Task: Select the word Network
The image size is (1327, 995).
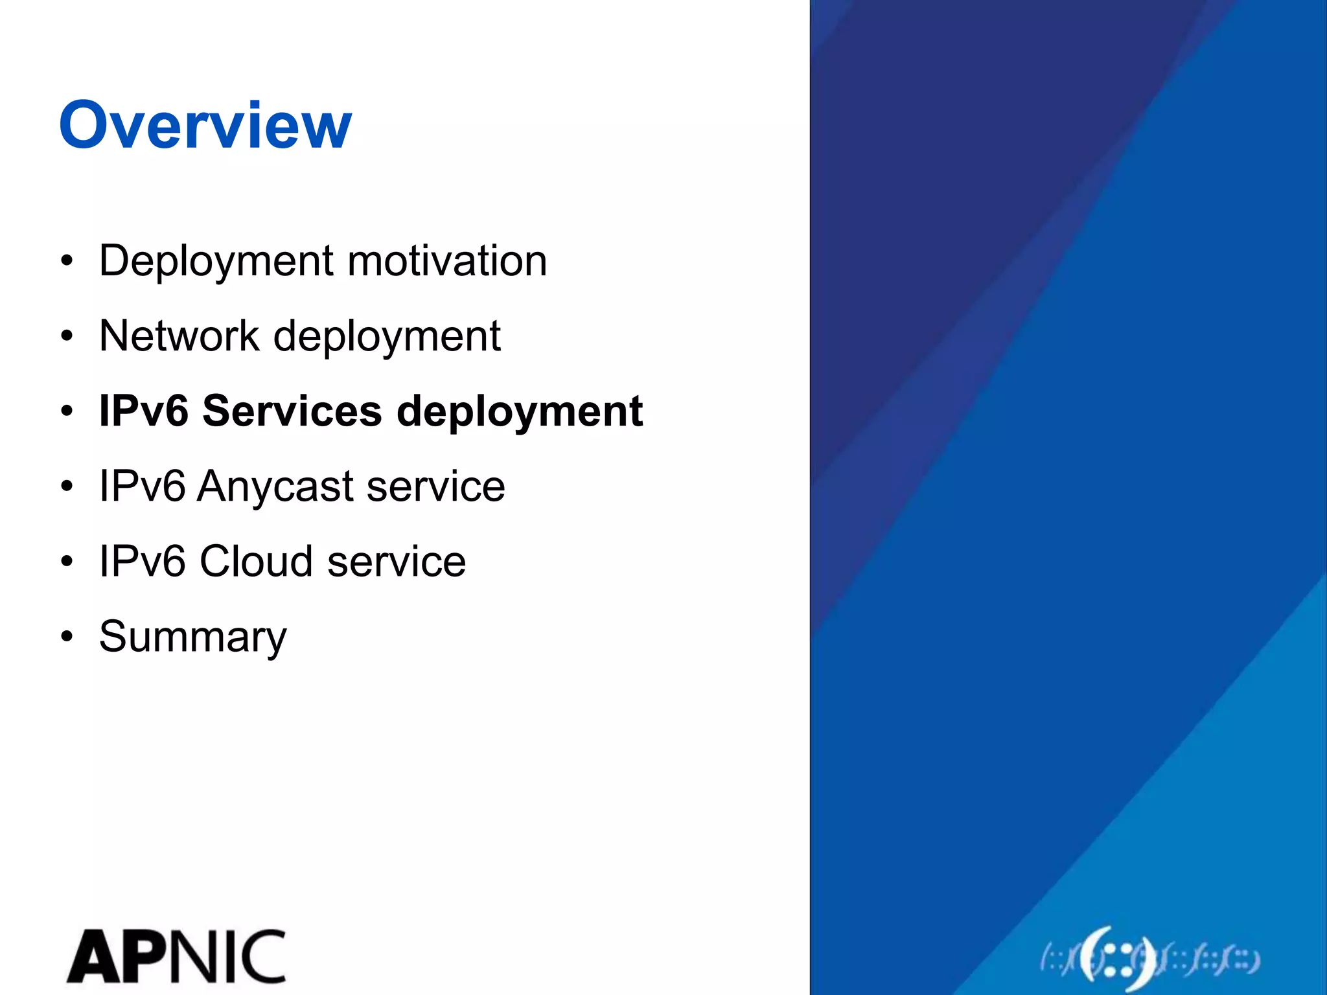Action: coord(179,336)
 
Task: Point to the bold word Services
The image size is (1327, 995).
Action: coord(292,411)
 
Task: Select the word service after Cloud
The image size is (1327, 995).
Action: coord(396,561)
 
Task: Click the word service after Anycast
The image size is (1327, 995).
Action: coord(435,486)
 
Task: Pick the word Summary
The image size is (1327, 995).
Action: coord(192,637)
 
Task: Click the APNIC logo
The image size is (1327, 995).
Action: coord(176,956)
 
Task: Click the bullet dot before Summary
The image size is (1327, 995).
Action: coord(67,636)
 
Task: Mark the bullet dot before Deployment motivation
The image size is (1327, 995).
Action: coord(67,261)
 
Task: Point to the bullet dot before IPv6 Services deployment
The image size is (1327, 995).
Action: coord(67,411)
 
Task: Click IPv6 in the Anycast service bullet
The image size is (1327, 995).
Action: coord(142,486)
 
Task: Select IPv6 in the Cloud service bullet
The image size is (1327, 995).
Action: coord(142,561)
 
